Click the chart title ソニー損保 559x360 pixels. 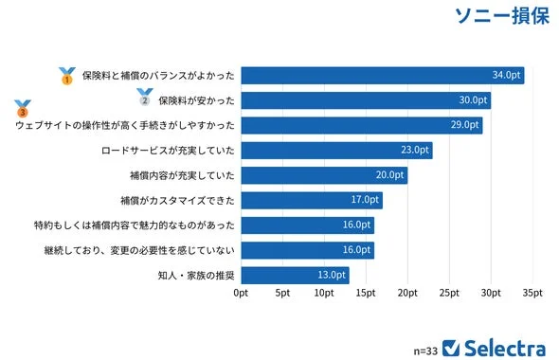501,17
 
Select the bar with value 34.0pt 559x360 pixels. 382,75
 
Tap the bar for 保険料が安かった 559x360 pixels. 366,99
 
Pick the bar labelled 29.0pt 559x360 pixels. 361,125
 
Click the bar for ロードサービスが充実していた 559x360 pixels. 336,150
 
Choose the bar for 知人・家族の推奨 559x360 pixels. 295,275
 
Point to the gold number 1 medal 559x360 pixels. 66,76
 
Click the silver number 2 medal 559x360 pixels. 144,97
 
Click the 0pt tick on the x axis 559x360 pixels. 242,295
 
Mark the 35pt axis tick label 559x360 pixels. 532,295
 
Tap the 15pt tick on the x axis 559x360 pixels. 366,295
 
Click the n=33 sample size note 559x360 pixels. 425,349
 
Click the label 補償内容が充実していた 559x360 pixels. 181,175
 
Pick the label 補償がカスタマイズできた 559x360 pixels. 177,200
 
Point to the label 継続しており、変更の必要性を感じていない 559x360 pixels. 138,250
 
